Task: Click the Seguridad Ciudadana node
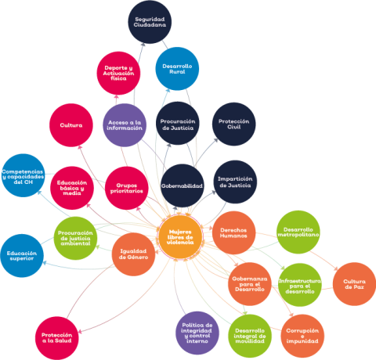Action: point(150,22)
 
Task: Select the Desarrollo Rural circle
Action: point(177,69)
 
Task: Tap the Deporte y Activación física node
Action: point(118,74)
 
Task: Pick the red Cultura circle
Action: point(71,125)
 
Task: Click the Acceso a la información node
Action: point(125,125)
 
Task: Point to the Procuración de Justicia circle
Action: point(178,124)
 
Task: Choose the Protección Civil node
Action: point(234,124)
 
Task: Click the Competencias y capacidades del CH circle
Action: point(23,175)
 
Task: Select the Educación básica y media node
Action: point(72,188)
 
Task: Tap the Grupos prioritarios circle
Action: point(127,188)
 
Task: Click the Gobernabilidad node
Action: point(182,185)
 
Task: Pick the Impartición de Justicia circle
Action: point(235,182)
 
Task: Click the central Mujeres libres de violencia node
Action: point(180,237)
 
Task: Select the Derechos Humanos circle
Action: point(233,232)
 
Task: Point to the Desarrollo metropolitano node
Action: point(298,232)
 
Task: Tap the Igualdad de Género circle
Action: point(133,254)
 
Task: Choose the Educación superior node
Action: point(22,256)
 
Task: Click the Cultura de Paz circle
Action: point(354,284)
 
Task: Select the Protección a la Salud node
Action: point(56,338)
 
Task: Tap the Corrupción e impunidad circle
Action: point(302,336)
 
